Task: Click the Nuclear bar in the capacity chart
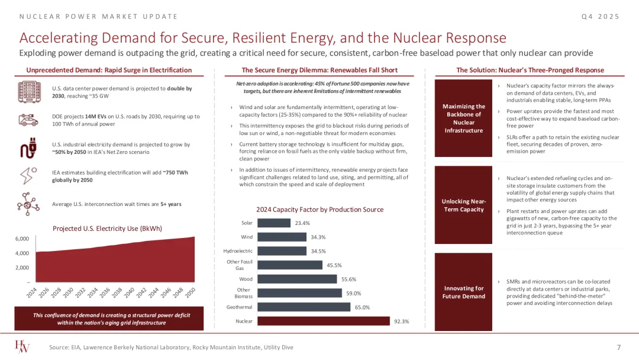(x=324, y=321)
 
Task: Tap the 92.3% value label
(x=401, y=322)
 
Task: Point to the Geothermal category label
(x=239, y=307)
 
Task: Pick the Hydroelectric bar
(x=282, y=251)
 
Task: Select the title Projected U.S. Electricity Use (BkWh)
(x=108, y=228)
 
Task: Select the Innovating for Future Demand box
(x=464, y=292)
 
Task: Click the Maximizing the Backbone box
(x=464, y=118)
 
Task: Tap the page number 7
(x=618, y=347)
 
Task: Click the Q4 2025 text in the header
(x=601, y=16)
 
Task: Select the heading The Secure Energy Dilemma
(x=319, y=70)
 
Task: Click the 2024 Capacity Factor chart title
(x=319, y=210)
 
